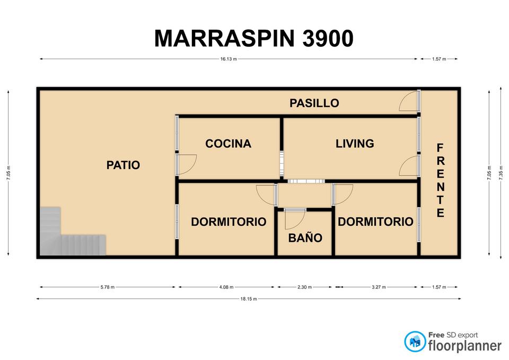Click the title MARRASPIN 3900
tap(254, 38)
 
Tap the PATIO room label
tap(124, 165)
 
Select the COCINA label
tap(228, 144)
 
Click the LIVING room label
tap(355, 144)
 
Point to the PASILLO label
tap(314, 103)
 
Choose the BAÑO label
tap(305, 238)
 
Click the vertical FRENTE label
tap(440, 180)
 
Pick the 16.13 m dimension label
tap(229, 59)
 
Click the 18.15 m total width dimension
tap(249, 299)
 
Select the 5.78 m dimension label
tap(108, 287)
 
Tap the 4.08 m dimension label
tap(226, 287)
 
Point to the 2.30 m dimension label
tap(304, 287)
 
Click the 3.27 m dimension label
tap(379, 287)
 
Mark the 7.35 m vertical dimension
tap(501, 172)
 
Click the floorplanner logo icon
tap(415, 341)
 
